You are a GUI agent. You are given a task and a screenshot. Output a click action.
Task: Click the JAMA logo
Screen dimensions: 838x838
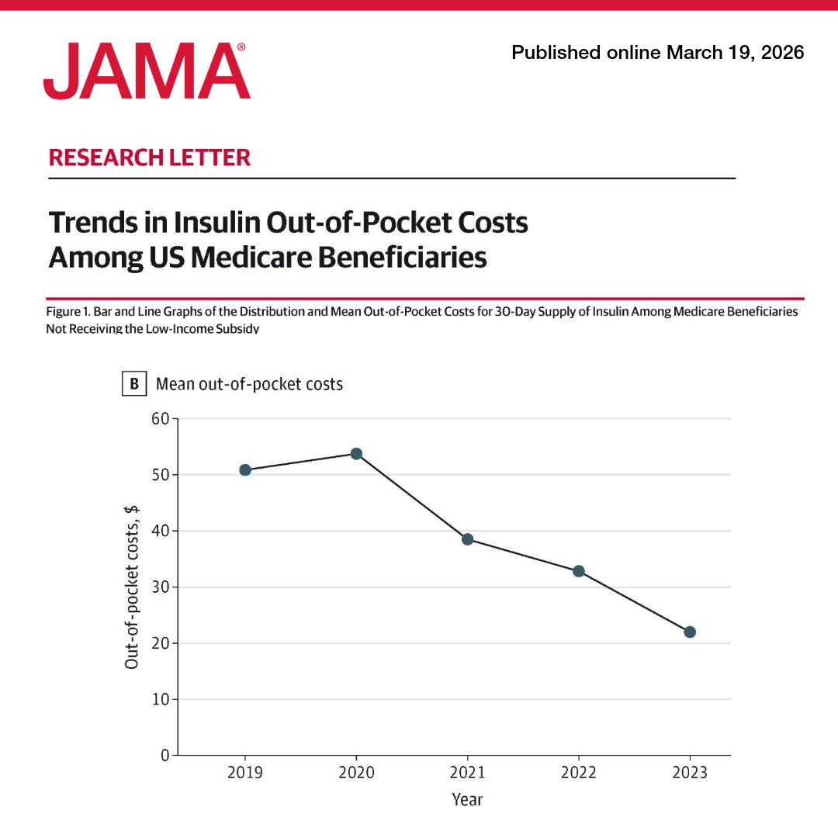[147, 71]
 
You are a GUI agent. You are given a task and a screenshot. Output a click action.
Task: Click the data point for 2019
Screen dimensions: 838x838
[245, 469]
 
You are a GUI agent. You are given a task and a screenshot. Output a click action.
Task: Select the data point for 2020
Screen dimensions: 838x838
[356, 453]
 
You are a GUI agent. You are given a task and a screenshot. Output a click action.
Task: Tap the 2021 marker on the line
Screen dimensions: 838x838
[467, 539]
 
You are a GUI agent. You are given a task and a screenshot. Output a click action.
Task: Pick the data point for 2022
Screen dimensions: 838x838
[579, 571]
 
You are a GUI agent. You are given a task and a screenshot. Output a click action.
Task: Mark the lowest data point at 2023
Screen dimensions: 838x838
[690, 632]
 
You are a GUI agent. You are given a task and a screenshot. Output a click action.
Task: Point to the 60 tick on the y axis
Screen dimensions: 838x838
[160, 419]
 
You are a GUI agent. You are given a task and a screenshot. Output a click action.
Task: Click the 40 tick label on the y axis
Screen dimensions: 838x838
[160, 532]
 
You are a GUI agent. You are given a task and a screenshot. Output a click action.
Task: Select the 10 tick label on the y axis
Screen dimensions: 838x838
[160, 699]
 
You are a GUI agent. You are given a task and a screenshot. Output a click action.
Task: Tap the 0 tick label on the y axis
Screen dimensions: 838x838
[164, 755]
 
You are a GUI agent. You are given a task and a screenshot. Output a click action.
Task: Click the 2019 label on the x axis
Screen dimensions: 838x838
[245, 773]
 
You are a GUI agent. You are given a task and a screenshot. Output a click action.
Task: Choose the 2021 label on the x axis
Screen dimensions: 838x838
[467, 773]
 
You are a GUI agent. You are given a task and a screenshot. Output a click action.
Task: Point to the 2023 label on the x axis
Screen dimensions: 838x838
[690, 773]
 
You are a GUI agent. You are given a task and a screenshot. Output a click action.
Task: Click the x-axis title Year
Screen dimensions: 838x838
[467, 799]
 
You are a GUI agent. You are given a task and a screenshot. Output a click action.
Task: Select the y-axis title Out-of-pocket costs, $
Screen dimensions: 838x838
[132, 586]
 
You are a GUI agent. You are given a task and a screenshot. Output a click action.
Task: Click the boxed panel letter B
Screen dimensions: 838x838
[133, 383]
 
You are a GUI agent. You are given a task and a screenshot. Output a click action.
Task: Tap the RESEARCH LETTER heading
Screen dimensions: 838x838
[150, 158]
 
